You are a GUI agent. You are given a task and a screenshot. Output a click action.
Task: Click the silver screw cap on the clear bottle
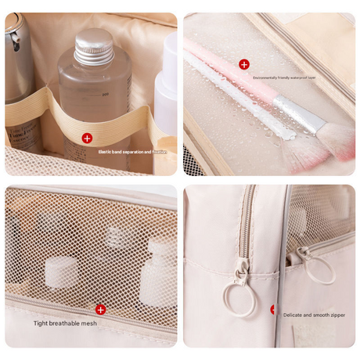[92, 45]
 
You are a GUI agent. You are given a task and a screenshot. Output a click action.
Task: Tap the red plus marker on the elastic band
[87, 138]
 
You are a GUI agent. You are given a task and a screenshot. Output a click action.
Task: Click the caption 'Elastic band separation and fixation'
[132, 152]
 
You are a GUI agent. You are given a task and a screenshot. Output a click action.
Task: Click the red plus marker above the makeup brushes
[244, 64]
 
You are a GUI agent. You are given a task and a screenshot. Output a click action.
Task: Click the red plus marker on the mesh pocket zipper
[101, 309]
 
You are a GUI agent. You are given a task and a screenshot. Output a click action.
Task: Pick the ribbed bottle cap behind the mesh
[116, 235]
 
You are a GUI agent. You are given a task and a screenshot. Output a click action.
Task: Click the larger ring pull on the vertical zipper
[238, 298]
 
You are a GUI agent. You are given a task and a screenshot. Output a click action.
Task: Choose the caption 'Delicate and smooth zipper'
[312, 315]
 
